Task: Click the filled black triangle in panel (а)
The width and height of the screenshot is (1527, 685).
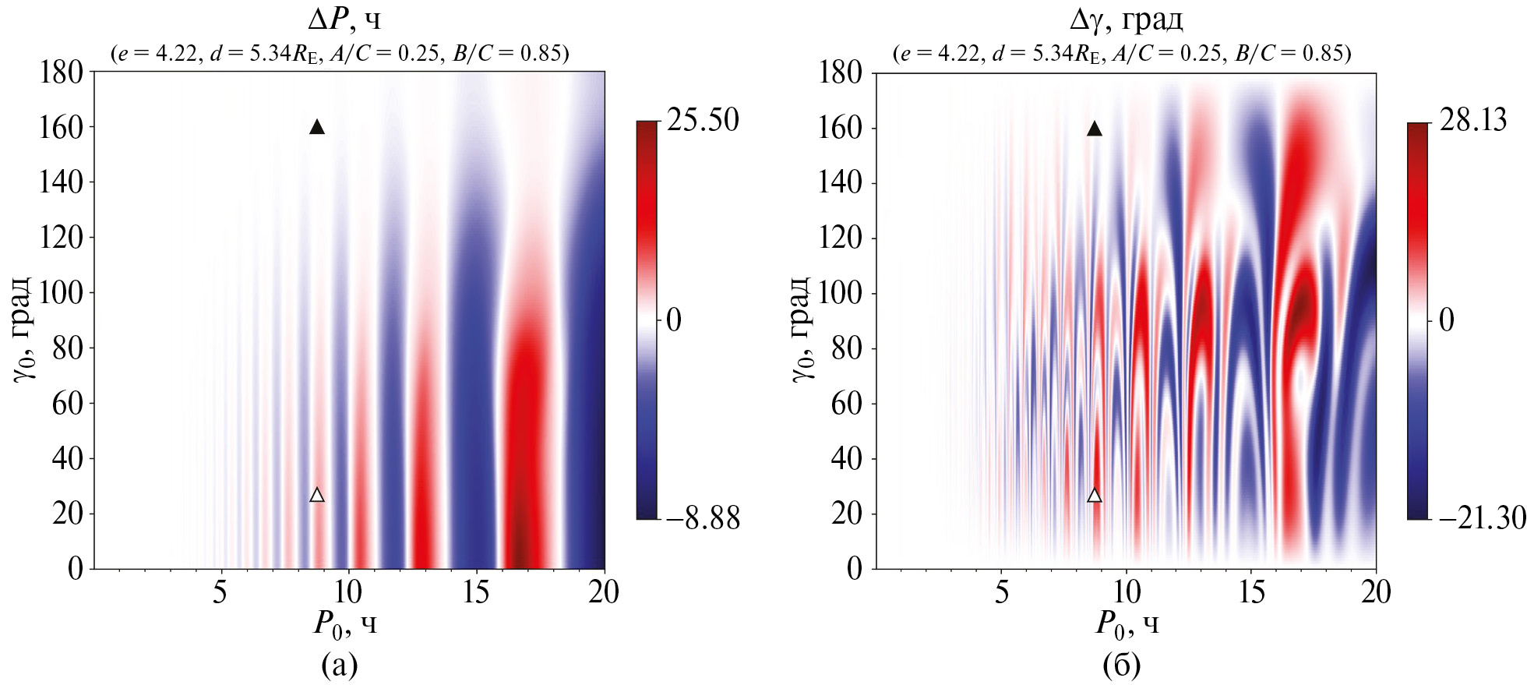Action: [317, 127]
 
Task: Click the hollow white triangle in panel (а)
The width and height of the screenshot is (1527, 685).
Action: [317, 495]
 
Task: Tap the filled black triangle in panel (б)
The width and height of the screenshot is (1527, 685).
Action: [1095, 129]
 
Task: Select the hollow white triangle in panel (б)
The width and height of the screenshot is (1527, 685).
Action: [1095, 496]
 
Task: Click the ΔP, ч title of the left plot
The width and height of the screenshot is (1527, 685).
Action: [344, 19]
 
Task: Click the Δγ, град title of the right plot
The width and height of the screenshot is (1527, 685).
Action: [1127, 19]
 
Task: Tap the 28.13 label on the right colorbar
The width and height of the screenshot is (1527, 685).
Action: [1473, 120]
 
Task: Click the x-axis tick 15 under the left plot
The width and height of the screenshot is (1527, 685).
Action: [476, 593]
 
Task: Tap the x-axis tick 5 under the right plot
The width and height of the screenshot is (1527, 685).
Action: [1002, 593]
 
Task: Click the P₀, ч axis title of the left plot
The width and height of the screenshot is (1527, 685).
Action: [345, 624]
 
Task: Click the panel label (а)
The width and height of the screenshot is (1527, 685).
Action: [340, 665]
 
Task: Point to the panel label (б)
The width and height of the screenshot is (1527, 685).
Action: [1122, 665]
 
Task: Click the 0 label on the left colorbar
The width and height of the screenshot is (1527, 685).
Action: [674, 320]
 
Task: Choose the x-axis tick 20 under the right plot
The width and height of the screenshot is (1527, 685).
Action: [1376, 593]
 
